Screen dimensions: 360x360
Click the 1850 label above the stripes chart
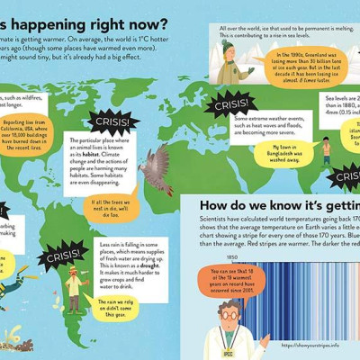(232, 257)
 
